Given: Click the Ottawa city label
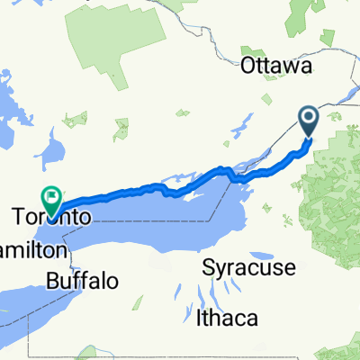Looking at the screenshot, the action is [x=276, y=67].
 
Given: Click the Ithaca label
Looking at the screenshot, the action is [x=227, y=318].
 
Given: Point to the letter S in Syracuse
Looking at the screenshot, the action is [x=208, y=267].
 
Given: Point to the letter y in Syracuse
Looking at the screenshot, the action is [x=219, y=269].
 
